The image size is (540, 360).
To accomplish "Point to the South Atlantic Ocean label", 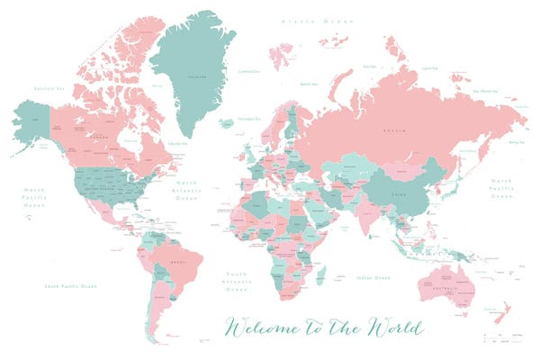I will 236,282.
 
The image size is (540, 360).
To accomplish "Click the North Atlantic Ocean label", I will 211,191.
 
